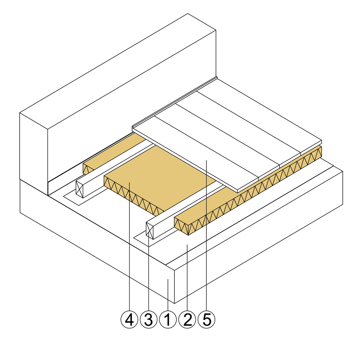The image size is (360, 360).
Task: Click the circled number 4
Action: [x=129, y=319]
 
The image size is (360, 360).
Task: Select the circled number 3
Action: [x=148, y=319]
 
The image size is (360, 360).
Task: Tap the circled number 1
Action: [x=168, y=319]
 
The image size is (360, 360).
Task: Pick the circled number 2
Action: [x=187, y=319]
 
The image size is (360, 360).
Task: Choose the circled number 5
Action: [x=207, y=319]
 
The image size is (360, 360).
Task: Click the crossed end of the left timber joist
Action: [x=80, y=188]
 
